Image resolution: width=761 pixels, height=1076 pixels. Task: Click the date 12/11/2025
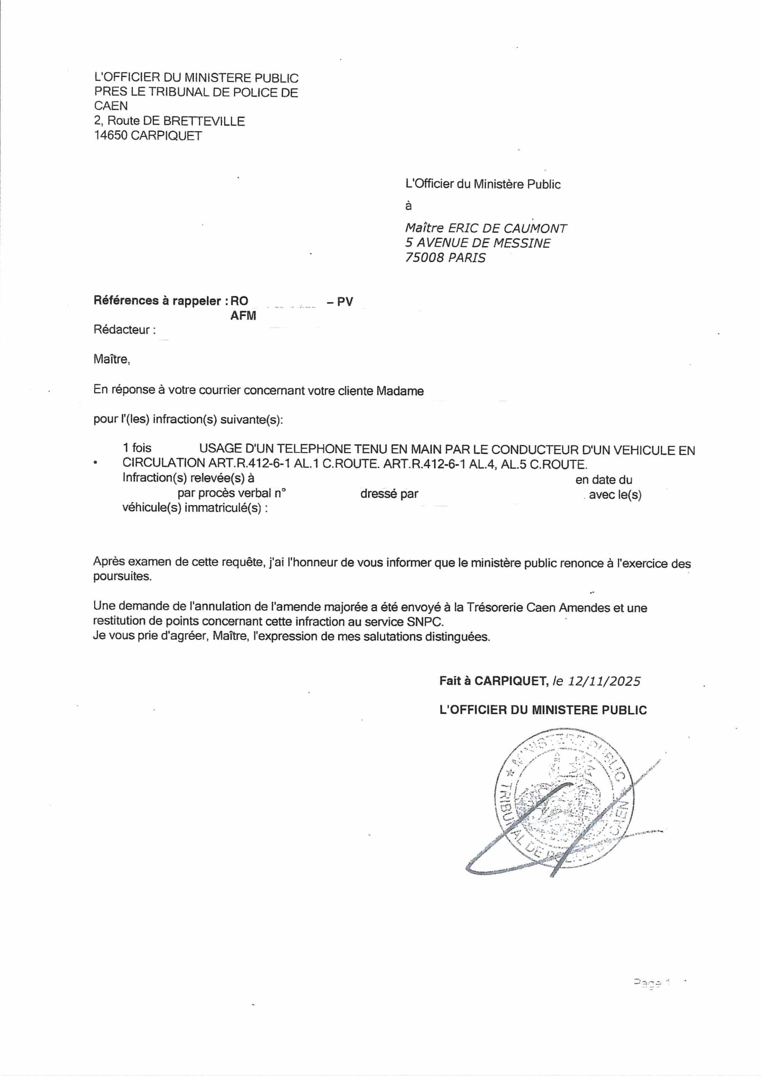(x=604, y=681)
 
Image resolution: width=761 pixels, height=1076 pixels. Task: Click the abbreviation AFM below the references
(x=243, y=315)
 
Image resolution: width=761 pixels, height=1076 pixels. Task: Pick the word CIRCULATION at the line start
(x=164, y=463)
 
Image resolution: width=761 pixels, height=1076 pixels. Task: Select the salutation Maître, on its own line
(x=111, y=359)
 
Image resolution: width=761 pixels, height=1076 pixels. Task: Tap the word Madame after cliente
(x=399, y=390)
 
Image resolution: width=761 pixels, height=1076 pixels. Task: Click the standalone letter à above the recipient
(x=408, y=206)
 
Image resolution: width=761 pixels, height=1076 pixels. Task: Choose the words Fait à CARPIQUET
(x=493, y=681)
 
